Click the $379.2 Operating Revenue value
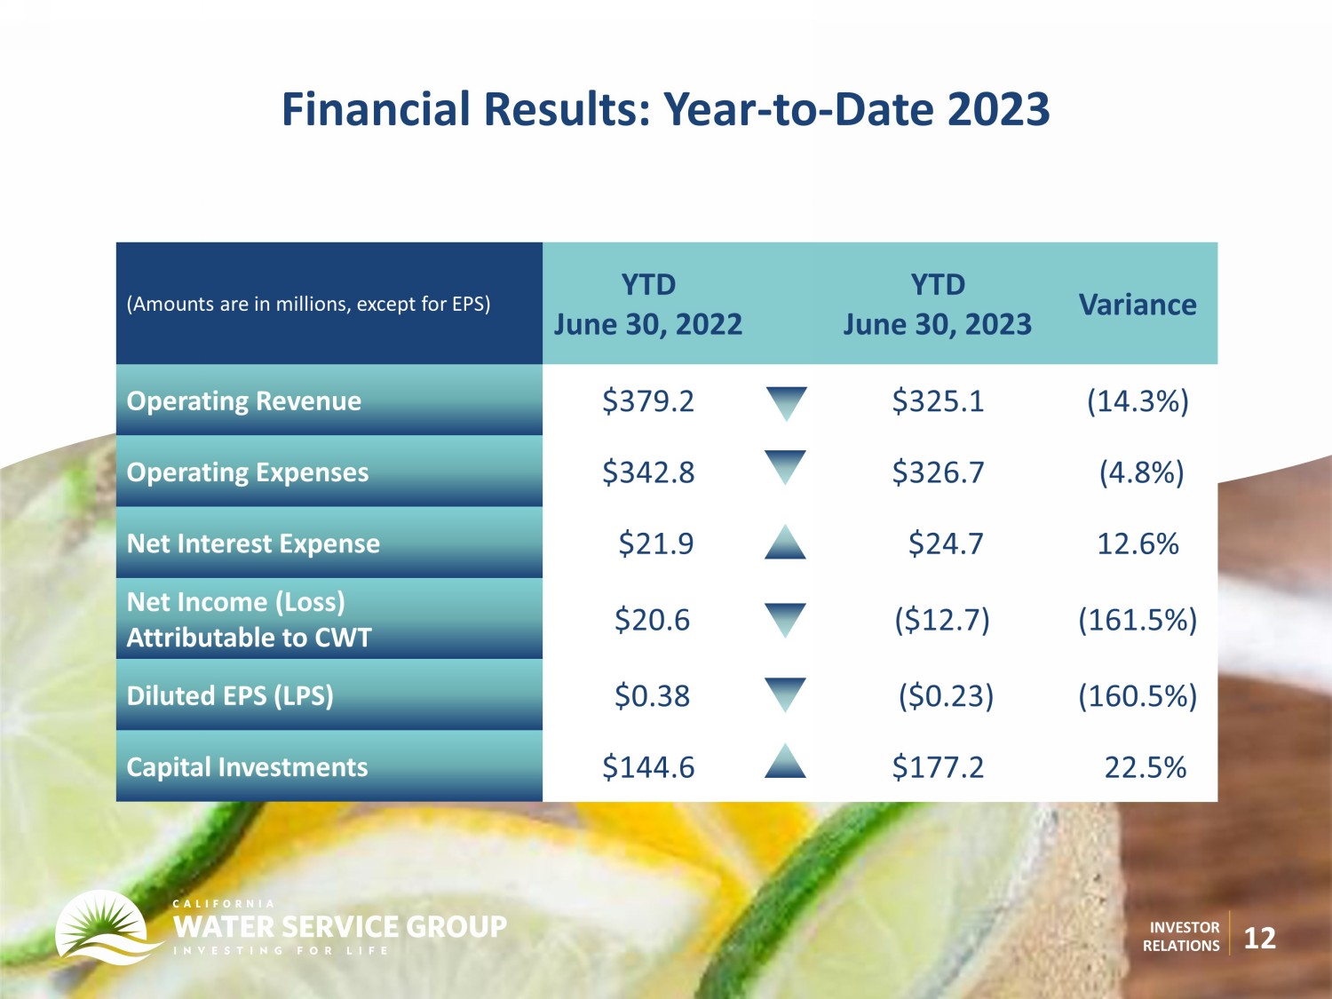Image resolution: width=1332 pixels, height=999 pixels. click(x=648, y=401)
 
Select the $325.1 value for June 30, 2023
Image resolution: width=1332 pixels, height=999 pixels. click(x=938, y=401)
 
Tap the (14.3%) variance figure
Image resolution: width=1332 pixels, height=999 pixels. click(x=1138, y=401)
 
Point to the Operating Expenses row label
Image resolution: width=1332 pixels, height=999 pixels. click(x=248, y=472)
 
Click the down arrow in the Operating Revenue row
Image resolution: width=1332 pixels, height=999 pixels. click(x=786, y=403)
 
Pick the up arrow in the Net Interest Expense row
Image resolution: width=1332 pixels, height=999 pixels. click(x=785, y=542)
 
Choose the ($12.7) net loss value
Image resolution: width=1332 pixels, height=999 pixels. click(x=942, y=620)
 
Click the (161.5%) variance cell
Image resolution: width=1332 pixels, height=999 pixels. click(x=1138, y=620)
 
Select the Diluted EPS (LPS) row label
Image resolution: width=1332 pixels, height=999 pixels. click(x=230, y=695)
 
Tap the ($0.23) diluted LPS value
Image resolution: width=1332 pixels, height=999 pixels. click(x=946, y=695)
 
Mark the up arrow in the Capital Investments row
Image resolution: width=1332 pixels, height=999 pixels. click(x=785, y=761)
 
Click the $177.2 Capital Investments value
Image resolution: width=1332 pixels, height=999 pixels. click(x=938, y=767)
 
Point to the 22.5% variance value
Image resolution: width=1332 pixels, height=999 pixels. click(x=1146, y=767)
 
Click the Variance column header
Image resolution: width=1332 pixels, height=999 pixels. click(x=1138, y=305)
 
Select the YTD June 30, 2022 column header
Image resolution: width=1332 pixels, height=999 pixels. click(x=648, y=305)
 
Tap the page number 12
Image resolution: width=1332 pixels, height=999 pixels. click(x=1260, y=939)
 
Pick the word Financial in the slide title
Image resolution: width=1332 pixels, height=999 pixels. click(x=376, y=110)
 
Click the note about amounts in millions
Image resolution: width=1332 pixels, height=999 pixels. click(x=308, y=304)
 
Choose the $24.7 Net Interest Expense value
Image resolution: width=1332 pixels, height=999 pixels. click(x=946, y=543)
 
